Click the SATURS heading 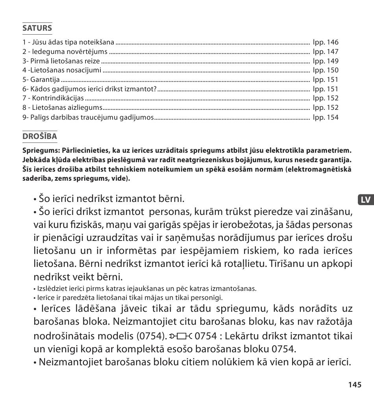click(37, 28)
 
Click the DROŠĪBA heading click(40, 136)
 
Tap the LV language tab click(365, 200)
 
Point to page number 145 click(354, 385)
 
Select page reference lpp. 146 click(326, 42)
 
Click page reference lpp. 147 click(326, 52)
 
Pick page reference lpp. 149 click(326, 61)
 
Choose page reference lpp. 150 click(326, 70)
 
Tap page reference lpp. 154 click(326, 117)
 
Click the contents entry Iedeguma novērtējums click(65, 52)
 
